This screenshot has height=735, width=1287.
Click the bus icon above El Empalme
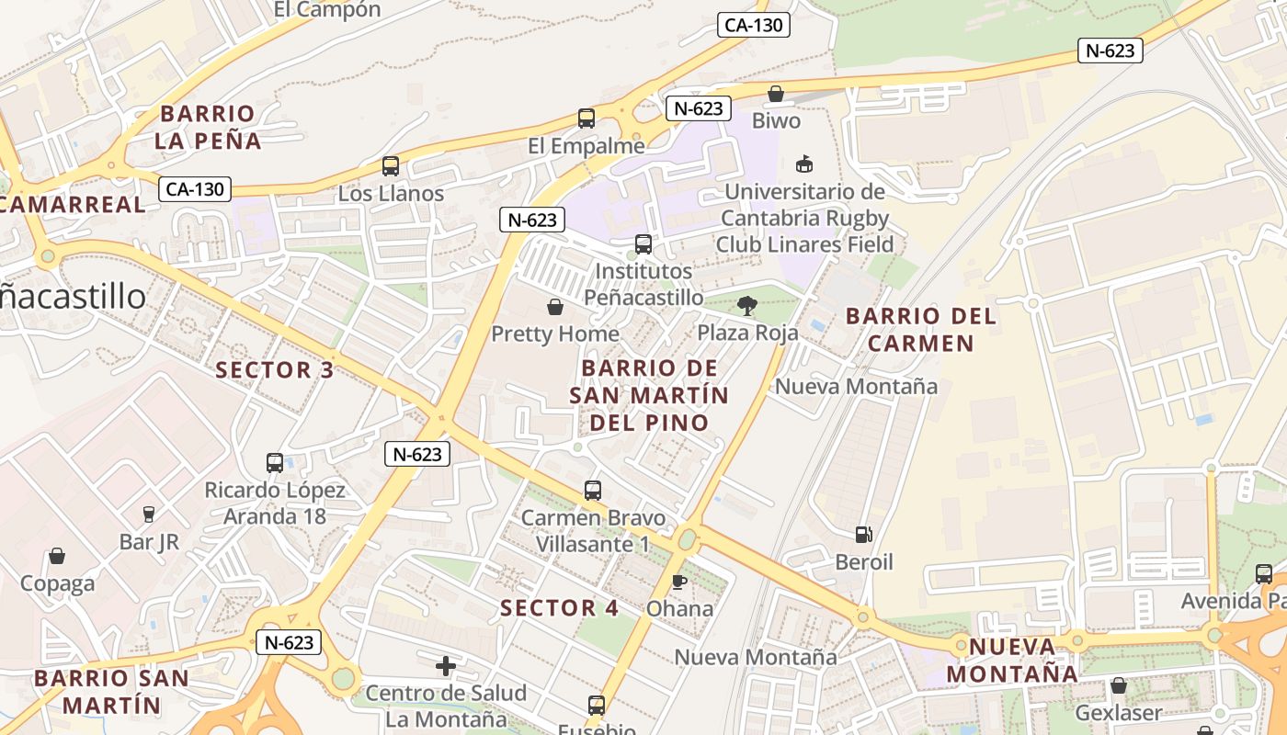(x=586, y=119)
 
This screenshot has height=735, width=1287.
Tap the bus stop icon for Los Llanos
(x=391, y=166)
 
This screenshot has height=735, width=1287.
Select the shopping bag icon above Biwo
(x=776, y=94)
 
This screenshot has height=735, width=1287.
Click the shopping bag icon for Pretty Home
(x=555, y=307)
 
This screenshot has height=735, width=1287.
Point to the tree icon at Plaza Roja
(x=747, y=306)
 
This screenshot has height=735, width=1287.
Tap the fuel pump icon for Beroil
(x=864, y=535)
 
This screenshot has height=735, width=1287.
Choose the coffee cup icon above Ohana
(x=679, y=582)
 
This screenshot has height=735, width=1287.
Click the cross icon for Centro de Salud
(x=446, y=665)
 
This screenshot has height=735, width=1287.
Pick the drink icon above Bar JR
(x=149, y=514)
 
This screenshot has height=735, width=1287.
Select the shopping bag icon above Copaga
(x=57, y=556)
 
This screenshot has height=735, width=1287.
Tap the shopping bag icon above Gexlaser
(x=1119, y=685)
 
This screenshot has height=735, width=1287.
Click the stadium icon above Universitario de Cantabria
(x=804, y=164)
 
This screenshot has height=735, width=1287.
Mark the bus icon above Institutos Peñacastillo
(x=643, y=244)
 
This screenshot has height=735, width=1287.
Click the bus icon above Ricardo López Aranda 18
(x=275, y=463)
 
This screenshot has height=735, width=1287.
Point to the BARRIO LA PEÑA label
(x=208, y=128)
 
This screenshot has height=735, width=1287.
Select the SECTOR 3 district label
(x=275, y=370)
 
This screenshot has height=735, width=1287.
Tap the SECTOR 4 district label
(x=560, y=607)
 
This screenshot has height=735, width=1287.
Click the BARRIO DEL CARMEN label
(x=921, y=330)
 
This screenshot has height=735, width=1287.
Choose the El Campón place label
(x=327, y=10)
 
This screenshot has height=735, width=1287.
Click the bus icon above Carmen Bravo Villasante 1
(x=593, y=491)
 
